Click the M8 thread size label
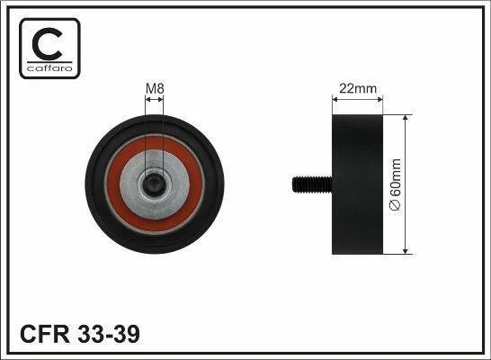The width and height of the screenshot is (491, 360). point(155,89)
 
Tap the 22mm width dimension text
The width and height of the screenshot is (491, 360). point(358,89)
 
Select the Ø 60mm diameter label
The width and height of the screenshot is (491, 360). point(396,184)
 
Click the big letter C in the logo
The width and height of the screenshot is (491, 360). point(48,44)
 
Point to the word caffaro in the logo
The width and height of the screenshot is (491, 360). point(49,68)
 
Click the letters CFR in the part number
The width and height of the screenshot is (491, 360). point(45,334)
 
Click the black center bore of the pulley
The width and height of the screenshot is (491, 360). point(154,184)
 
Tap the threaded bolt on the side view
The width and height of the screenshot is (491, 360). point(312,184)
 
